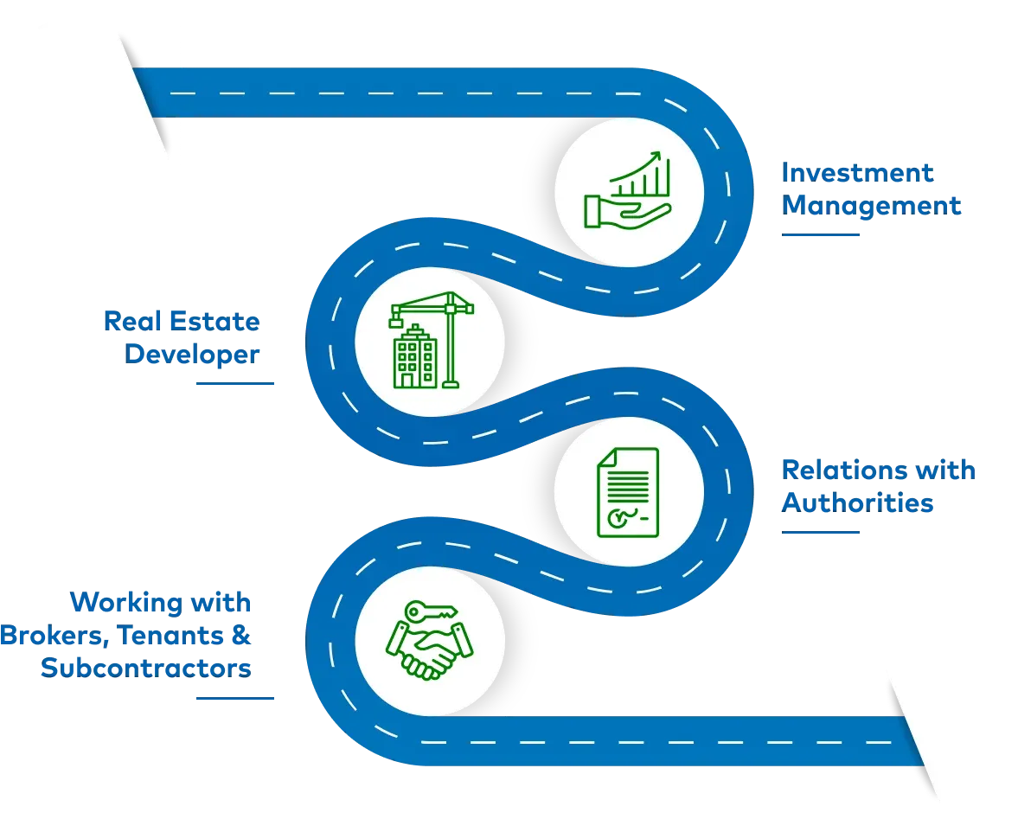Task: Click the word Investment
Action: (x=857, y=173)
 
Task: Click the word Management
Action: (x=871, y=206)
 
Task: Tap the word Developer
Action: (x=193, y=355)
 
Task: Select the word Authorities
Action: (x=857, y=502)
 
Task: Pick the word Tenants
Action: (x=167, y=636)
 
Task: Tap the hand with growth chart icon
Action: (x=628, y=190)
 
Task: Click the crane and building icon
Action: (x=429, y=341)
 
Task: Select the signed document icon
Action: (x=628, y=490)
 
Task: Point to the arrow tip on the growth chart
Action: (x=657, y=157)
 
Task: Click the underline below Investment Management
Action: (x=823, y=234)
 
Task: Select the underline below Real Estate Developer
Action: (x=234, y=383)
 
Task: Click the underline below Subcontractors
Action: (x=234, y=698)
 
